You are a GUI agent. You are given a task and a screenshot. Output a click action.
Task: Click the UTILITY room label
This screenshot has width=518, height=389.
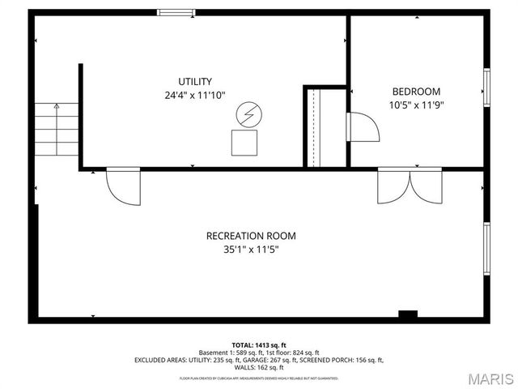coord(195,81)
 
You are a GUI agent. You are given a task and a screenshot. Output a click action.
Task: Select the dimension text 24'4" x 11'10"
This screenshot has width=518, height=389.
coord(195,95)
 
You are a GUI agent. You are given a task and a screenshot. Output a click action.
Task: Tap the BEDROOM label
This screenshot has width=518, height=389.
coord(416,91)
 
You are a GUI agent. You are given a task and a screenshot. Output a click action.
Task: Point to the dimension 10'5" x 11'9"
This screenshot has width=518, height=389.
coord(416,105)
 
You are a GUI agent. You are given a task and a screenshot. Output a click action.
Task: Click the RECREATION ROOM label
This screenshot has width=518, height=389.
coord(251,236)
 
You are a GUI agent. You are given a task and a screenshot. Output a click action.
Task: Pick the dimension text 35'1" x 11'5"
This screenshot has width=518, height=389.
coord(251,250)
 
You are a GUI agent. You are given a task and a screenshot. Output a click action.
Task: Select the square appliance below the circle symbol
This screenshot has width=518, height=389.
coord(244,143)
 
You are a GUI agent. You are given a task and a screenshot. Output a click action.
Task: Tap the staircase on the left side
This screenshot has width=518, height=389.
coord(57,130)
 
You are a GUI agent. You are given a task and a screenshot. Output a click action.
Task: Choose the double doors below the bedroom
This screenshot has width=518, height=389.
coord(410,186)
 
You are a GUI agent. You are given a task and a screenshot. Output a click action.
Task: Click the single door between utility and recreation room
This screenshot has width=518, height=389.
coord(123,186)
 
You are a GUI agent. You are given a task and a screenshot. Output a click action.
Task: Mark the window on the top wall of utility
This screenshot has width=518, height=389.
coord(176,12)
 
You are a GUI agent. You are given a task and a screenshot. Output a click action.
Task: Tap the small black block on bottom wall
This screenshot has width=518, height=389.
coord(408,314)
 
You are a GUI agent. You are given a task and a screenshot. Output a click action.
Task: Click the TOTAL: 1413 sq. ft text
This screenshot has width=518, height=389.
coord(259,344)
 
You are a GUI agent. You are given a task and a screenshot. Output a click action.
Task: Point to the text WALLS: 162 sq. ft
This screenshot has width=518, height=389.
coord(259,367)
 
